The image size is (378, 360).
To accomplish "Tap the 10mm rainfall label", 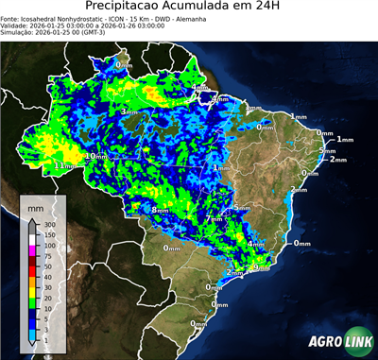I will (x=95, y=156).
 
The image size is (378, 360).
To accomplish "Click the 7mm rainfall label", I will (x=215, y=218).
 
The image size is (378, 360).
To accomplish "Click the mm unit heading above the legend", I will (x=36, y=205).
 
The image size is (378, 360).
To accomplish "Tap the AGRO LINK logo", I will (x=339, y=341).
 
